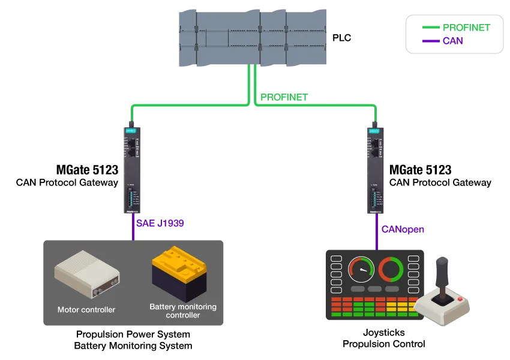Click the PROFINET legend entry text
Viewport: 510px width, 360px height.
[466, 28]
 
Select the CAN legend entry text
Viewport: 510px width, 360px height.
[452, 41]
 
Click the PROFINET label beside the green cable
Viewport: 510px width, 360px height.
[283, 97]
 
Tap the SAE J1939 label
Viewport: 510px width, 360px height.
[160, 223]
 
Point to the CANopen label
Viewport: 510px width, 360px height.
[403, 229]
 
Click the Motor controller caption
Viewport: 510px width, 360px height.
[86, 310]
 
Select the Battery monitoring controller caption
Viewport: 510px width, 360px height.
[183, 311]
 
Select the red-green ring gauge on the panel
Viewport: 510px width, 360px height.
[391, 269]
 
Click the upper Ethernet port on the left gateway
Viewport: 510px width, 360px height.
[131, 143]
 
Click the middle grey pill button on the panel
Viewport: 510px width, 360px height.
[375, 289]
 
